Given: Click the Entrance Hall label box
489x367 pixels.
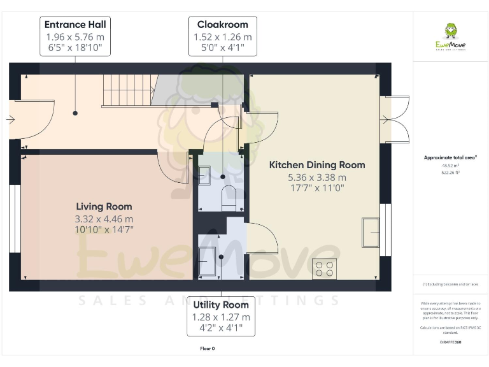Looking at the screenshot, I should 75,37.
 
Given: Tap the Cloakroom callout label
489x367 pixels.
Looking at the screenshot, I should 222,37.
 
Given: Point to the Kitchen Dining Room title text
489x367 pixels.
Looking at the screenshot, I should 317,165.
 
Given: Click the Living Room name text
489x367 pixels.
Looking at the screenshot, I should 104,206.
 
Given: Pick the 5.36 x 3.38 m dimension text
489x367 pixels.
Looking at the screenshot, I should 317,177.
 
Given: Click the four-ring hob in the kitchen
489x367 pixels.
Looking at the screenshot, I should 325,268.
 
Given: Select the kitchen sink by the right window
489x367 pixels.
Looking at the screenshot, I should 370,231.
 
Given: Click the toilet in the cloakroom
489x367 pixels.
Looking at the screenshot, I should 229,198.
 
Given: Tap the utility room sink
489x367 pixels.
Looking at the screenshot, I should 207,260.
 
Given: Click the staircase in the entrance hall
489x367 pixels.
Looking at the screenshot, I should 128,90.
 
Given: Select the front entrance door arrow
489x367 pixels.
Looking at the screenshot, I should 10,119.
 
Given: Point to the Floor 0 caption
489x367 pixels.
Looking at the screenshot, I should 207,349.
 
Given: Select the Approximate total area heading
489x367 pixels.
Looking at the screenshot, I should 449,157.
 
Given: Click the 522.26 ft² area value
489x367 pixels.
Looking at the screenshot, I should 450,172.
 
